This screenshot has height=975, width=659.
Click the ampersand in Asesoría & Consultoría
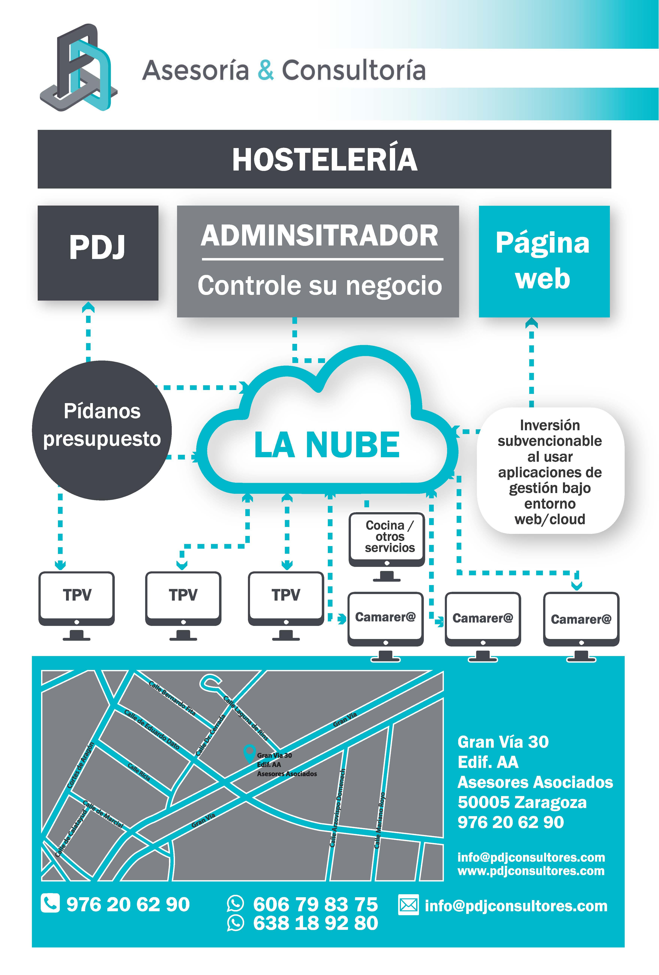(x=265, y=70)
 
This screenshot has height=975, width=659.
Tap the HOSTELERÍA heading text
(x=324, y=160)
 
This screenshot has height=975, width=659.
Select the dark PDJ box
(x=98, y=253)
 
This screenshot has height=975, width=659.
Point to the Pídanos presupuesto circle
(x=102, y=430)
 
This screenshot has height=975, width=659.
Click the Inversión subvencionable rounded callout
(x=550, y=471)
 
